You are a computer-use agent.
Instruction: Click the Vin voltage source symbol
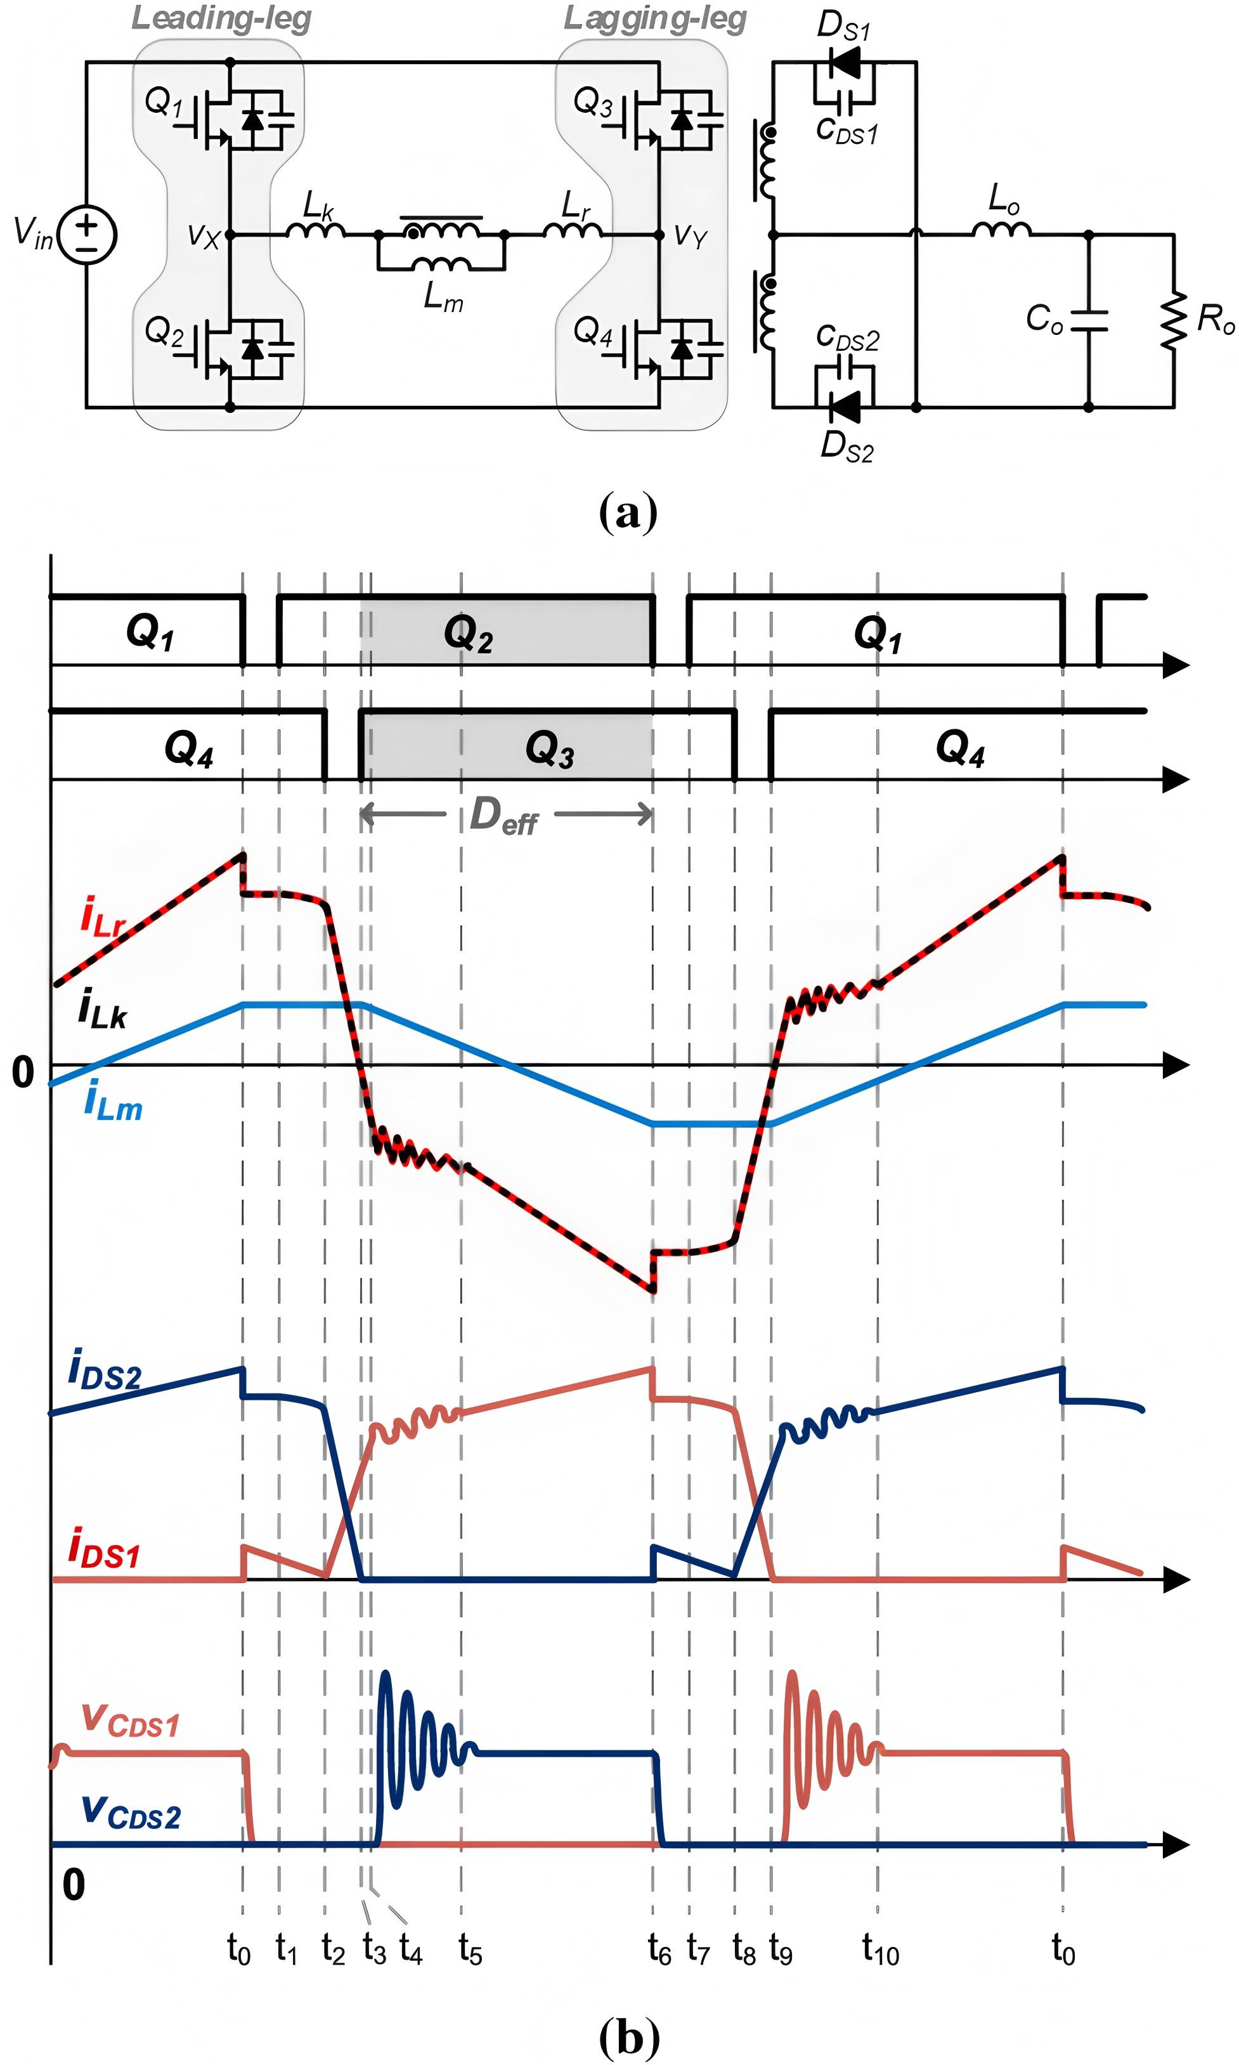click(87, 235)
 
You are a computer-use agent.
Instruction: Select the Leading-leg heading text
click(221, 18)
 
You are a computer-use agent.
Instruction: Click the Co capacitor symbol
click(1089, 320)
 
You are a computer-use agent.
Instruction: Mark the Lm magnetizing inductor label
click(443, 296)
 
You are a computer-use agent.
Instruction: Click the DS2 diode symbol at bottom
click(845, 408)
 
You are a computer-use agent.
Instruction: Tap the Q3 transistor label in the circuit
click(593, 102)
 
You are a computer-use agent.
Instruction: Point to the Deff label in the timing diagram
click(503, 815)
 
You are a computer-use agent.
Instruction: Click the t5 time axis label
click(470, 1950)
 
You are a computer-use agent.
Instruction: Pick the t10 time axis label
click(881, 1950)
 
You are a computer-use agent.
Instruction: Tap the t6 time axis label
click(659, 1950)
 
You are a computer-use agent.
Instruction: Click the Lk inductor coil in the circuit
click(316, 230)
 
